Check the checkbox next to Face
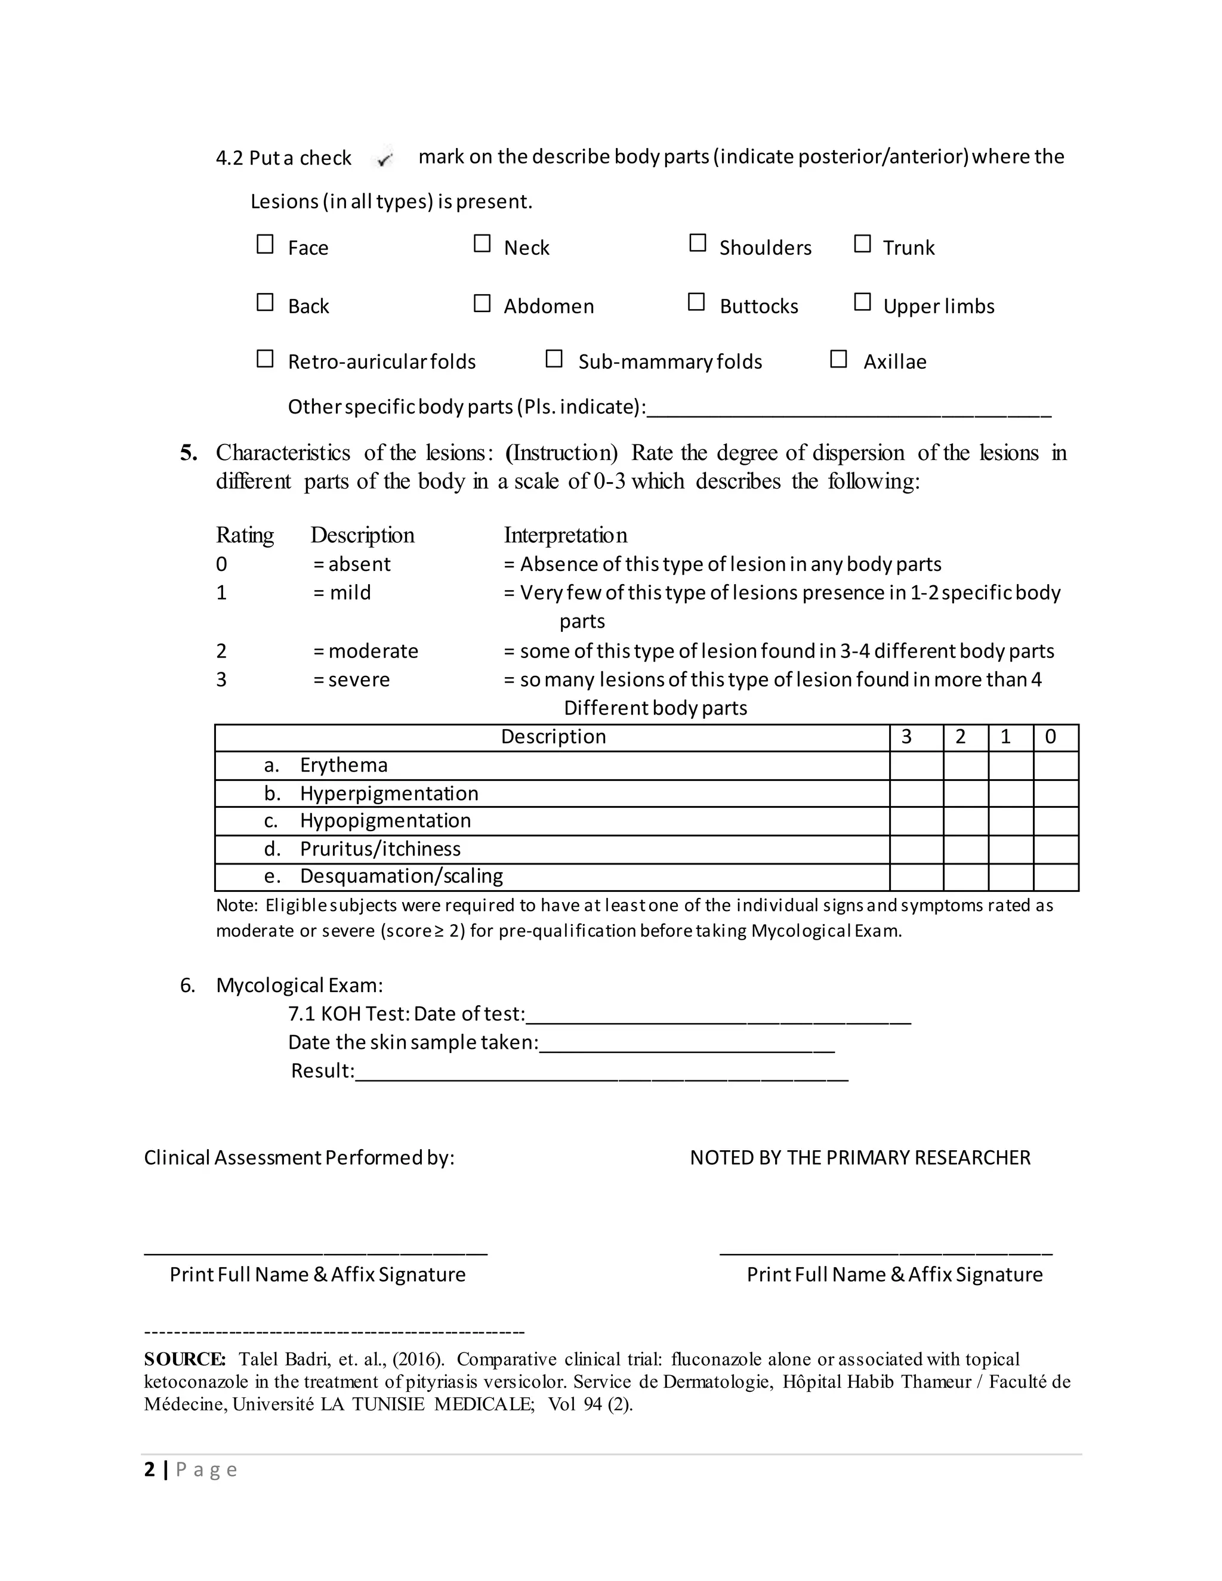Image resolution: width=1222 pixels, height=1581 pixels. click(x=265, y=244)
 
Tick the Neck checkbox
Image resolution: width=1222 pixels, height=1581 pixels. click(x=482, y=243)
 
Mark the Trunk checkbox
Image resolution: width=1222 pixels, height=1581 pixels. click(x=862, y=243)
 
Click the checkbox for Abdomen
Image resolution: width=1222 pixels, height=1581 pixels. click(x=482, y=302)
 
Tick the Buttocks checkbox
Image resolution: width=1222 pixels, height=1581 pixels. click(x=696, y=302)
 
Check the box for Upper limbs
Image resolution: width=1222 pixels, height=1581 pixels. click(x=862, y=302)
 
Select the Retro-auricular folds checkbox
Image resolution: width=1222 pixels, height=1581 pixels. click(x=265, y=359)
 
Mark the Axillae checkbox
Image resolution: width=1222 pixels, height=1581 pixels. click(x=838, y=359)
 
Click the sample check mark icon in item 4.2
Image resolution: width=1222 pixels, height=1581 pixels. click(x=384, y=159)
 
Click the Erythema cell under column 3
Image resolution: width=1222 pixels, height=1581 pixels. click(x=916, y=765)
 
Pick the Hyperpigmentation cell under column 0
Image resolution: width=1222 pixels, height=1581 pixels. click(x=1056, y=793)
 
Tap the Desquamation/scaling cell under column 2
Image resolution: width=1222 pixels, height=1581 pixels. click(x=966, y=876)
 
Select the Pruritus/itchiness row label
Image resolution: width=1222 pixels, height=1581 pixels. click(x=380, y=848)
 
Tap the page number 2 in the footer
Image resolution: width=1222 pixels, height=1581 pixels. click(x=150, y=1469)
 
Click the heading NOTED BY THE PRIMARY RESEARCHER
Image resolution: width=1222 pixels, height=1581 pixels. click(x=859, y=1157)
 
